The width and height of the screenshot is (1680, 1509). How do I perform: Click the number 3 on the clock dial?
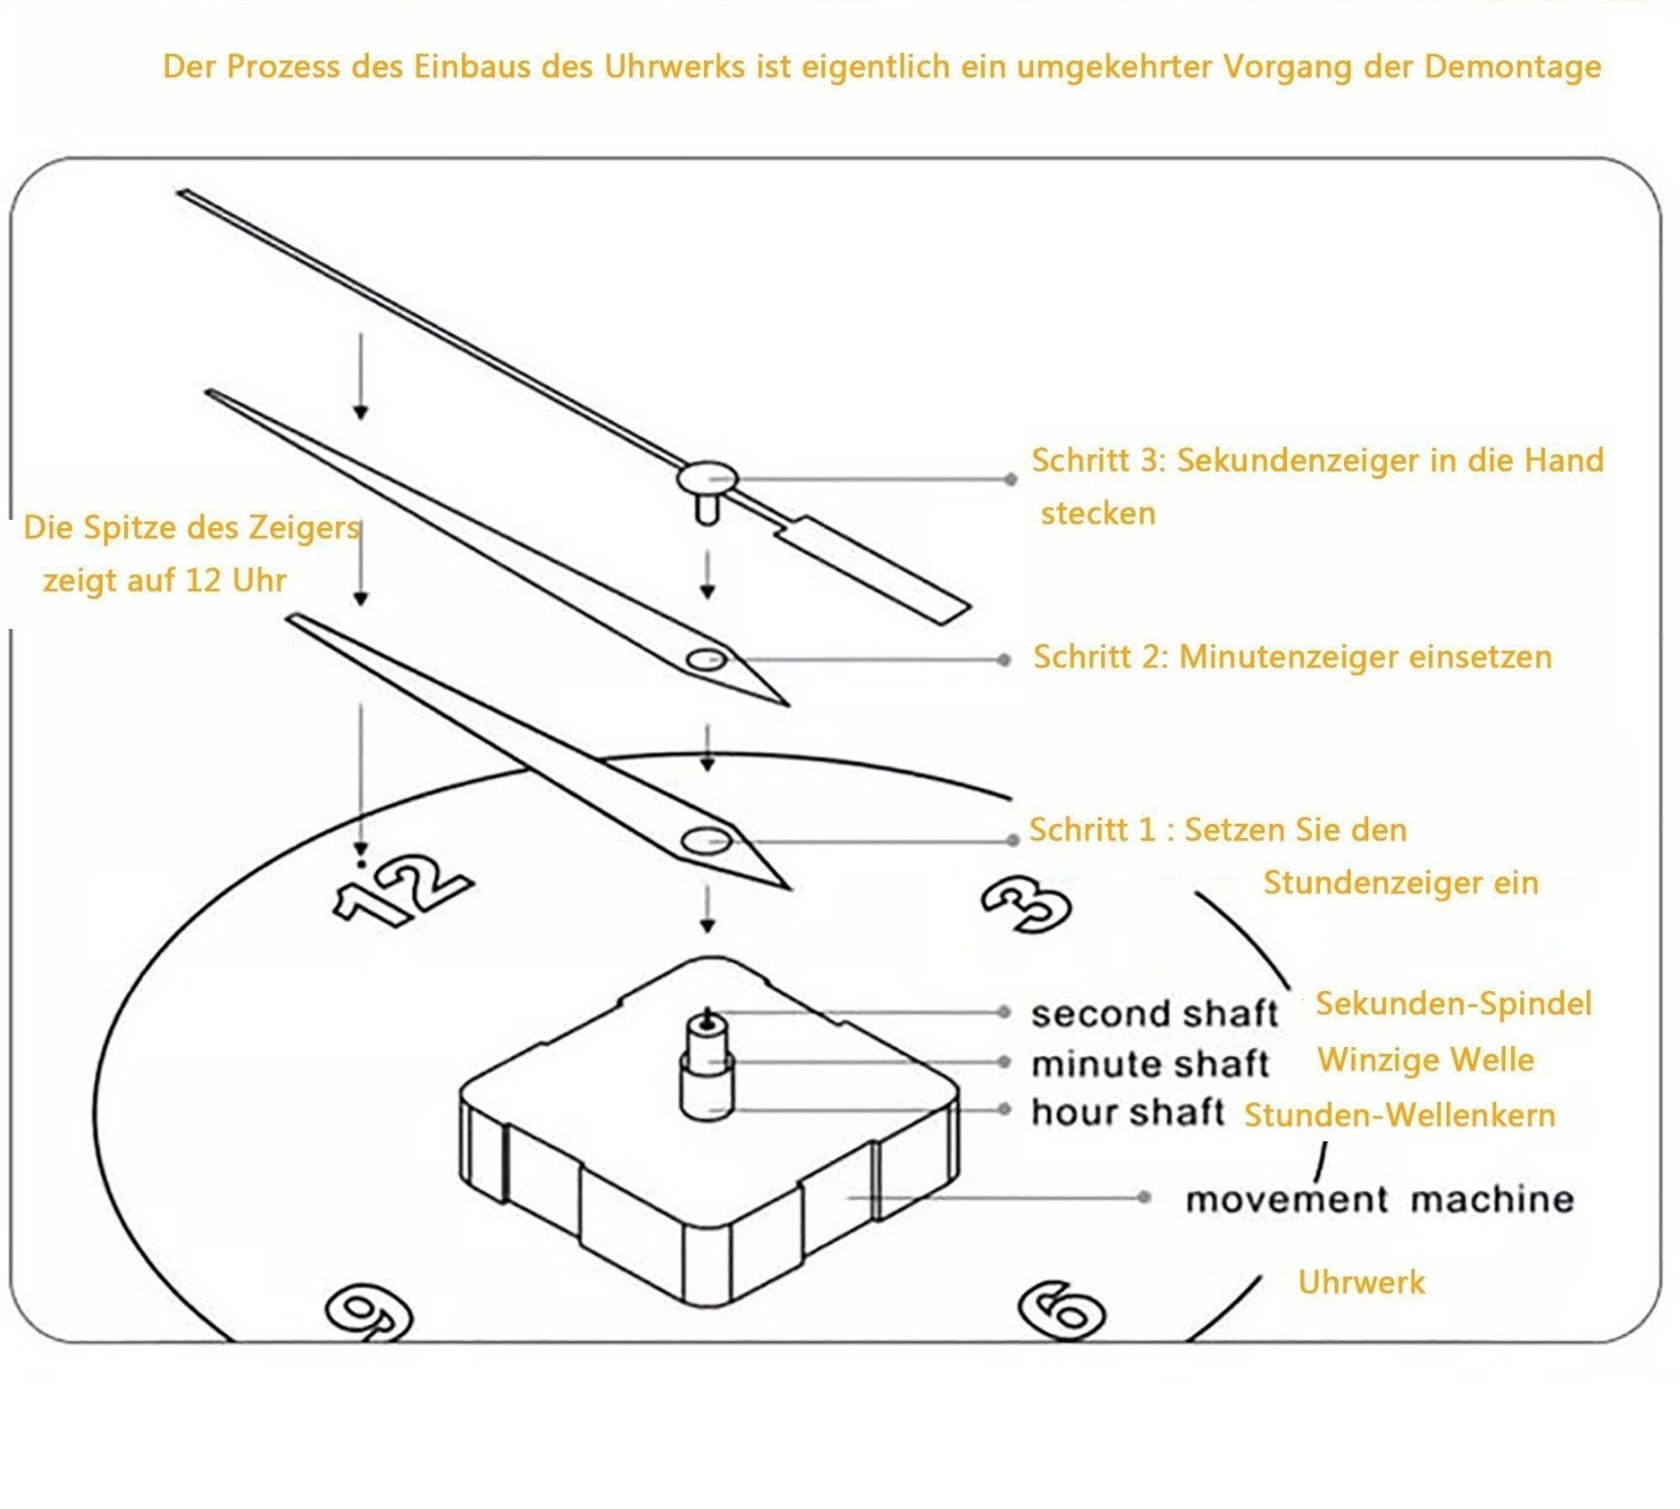1026,903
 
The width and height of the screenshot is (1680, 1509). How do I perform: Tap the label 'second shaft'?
1154,1013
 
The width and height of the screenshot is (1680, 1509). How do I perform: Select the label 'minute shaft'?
1150,1064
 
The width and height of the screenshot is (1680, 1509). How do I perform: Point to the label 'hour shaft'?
1127,1112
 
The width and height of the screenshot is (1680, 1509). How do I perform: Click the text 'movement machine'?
1379,1199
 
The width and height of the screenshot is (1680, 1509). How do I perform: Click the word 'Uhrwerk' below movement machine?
1361,1282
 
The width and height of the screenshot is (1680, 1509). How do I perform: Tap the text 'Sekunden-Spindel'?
1453,1004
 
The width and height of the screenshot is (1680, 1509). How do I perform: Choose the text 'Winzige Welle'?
1425,1060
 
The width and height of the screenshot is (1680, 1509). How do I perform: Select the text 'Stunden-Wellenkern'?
1399,1115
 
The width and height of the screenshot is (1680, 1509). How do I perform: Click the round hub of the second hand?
707,480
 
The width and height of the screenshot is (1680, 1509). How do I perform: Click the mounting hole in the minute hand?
707,660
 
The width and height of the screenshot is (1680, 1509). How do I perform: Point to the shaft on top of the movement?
707,1064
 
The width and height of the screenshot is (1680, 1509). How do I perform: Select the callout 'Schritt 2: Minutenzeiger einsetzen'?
1292,657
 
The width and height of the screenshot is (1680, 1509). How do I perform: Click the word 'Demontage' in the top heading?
1512,67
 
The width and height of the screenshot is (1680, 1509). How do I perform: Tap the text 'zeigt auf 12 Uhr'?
164,580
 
